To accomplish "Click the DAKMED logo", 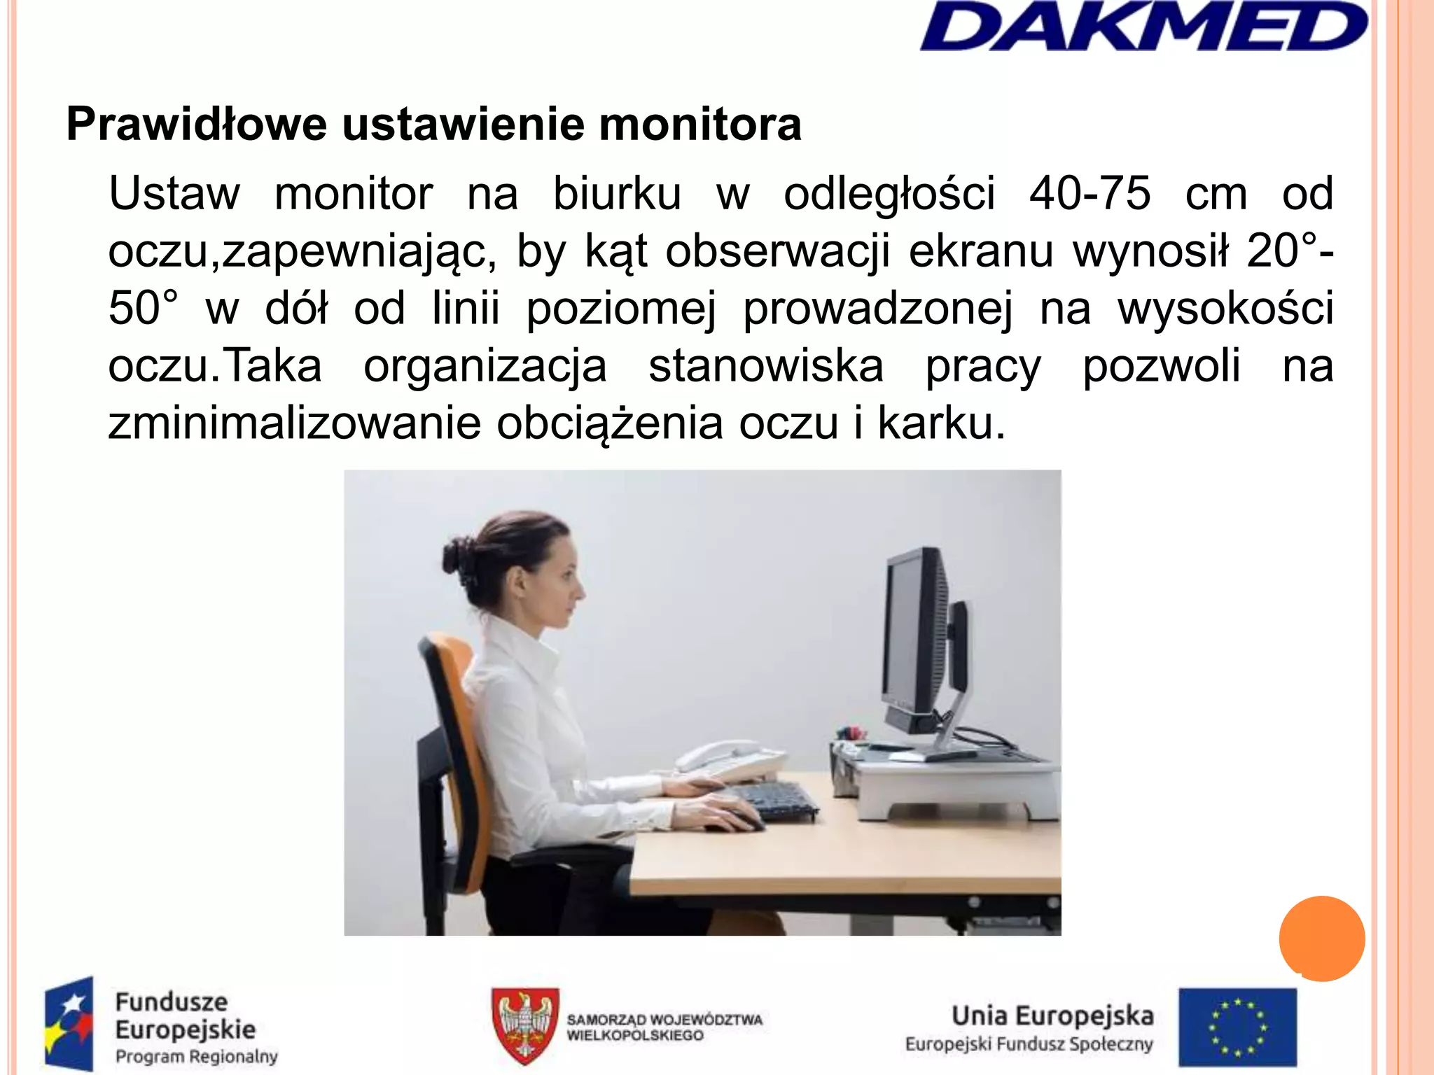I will [x=1143, y=28].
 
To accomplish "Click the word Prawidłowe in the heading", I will [x=197, y=125].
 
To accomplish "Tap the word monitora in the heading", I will [x=699, y=125].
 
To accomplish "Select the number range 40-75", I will [x=1090, y=194].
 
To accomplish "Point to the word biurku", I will [x=617, y=194].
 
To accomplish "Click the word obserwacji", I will [x=777, y=251].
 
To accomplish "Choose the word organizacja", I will [x=485, y=366].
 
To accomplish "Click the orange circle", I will [x=1321, y=939].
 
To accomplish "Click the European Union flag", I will [x=1237, y=1026].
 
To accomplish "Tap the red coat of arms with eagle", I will [x=525, y=1025].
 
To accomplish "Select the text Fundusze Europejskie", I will [x=185, y=1016].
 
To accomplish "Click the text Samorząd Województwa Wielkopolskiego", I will [x=664, y=1027].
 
